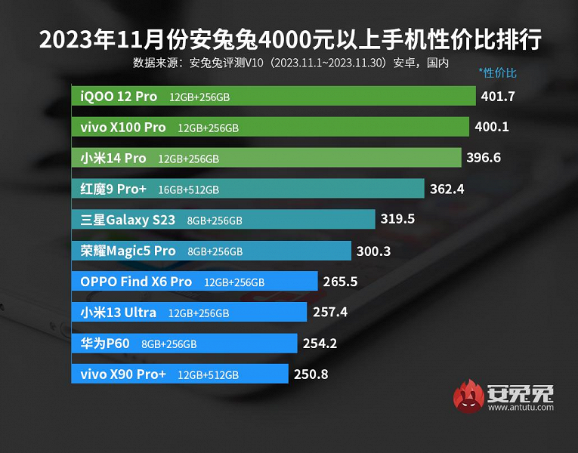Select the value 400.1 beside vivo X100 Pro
pos(491,127)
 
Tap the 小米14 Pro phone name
pos(113,158)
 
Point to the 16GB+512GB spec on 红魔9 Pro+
pos(188,190)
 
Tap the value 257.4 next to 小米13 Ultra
pos(330,312)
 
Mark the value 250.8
pos(311,374)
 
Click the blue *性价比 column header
pos(497,73)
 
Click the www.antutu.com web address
pos(521,408)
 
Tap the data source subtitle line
pos(290,62)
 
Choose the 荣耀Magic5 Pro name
pos(128,251)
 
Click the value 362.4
pos(447,189)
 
